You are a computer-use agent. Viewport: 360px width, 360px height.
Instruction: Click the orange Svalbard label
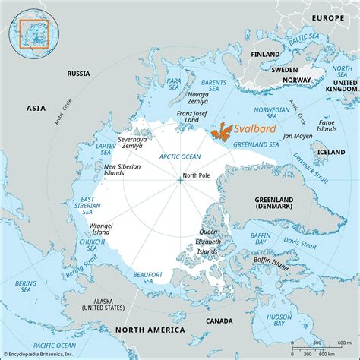tap(255, 129)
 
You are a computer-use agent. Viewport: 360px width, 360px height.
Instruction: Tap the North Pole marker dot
tap(179, 179)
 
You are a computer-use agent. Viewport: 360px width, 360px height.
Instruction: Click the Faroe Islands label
tap(327, 125)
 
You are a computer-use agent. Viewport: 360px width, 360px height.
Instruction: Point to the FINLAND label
tap(264, 54)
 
